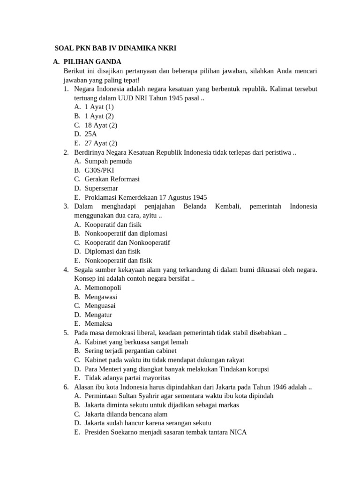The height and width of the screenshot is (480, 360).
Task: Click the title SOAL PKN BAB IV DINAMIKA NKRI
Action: tap(115, 48)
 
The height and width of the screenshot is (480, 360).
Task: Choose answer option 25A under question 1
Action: tap(91, 134)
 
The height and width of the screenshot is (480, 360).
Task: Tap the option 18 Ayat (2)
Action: tap(101, 125)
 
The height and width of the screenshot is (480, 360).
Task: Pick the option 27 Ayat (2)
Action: tap(101, 143)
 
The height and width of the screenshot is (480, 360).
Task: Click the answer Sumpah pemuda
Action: tap(108, 161)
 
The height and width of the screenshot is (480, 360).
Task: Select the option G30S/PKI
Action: tap(99, 170)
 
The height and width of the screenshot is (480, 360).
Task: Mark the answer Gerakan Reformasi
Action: tap(112, 179)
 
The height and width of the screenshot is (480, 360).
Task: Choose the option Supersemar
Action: tap(101, 188)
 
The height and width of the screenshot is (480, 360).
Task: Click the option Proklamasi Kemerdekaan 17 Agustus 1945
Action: tap(146, 197)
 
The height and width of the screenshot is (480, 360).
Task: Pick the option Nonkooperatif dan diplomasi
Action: tap(126, 233)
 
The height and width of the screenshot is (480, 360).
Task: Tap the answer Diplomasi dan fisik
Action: tap(112, 251)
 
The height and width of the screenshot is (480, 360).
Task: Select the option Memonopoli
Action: tap(103, 287)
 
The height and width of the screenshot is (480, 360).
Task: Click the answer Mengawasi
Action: tap(101, 297)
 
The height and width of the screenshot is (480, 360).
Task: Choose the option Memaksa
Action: tap(98, 323)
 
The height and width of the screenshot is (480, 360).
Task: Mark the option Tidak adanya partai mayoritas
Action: tap(127, 378)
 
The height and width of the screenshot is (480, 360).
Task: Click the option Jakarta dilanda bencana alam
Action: tap(126, 414)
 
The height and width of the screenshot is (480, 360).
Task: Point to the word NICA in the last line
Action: tap(239, 432)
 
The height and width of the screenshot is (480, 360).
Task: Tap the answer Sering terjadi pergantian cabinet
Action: tap(131, 351)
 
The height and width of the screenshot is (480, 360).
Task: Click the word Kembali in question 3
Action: tap(228, 206)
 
